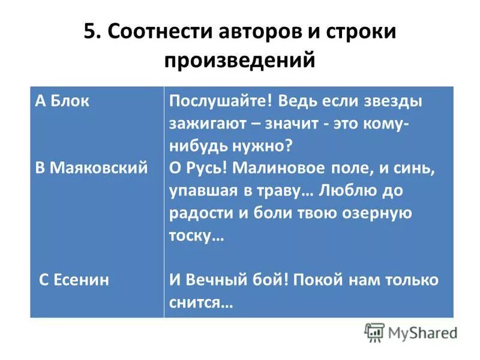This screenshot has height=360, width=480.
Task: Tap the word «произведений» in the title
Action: click(239, 61)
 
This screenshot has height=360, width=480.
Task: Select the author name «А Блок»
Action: click(62, 101)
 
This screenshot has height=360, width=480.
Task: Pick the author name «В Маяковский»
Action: click(91, 167)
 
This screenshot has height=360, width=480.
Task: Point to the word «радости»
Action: click(197, 213)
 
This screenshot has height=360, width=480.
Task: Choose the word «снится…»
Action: click(200, 302)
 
